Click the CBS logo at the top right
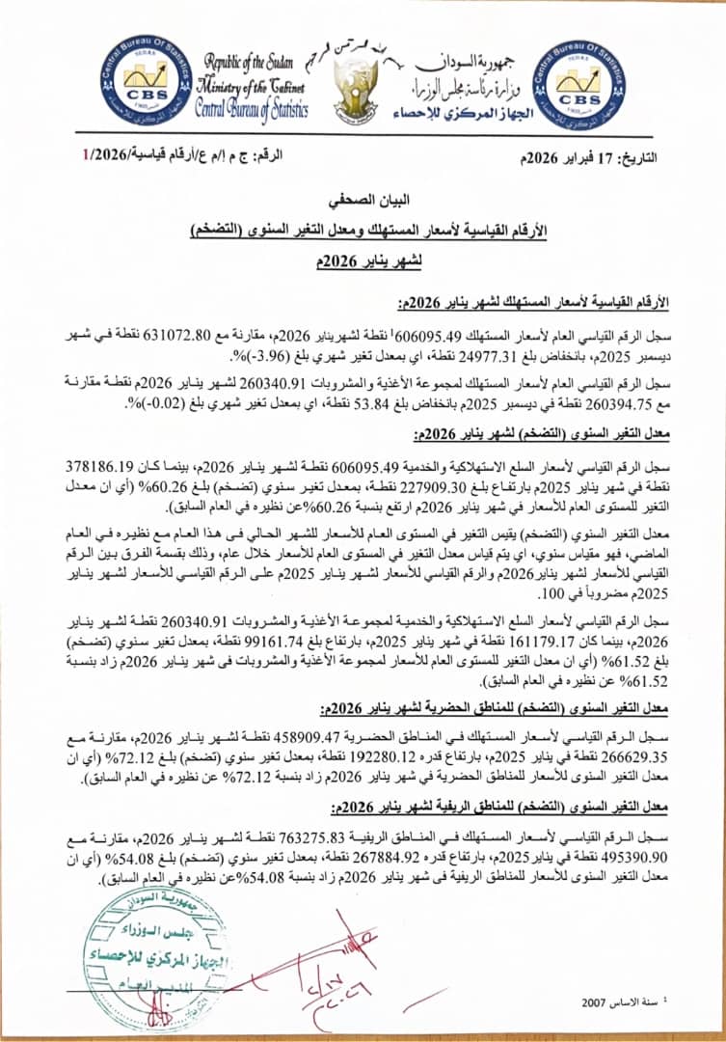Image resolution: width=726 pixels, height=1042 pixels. coord(578,85)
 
